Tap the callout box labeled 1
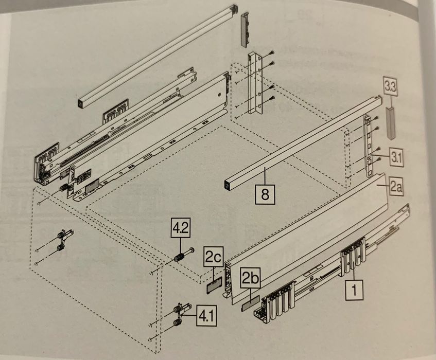(x=354, y=290)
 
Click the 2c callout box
(x=214, y=257)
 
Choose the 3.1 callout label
(x=396, y=158)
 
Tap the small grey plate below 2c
(x=214, y=284)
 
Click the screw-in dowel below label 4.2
(x=184, y=255)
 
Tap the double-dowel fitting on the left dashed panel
(x=65, y=240)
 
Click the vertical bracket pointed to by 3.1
(x=369, y=146)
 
